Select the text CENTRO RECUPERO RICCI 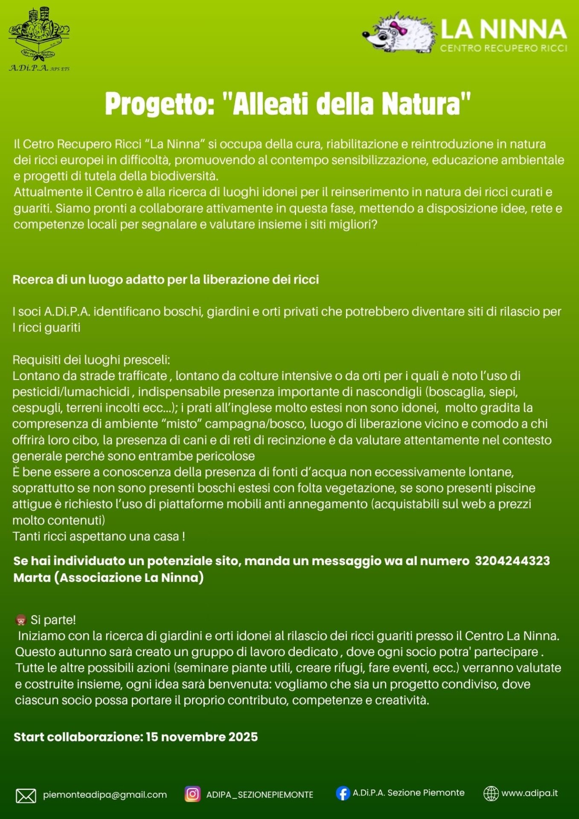coord(503,48)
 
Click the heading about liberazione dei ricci coord(166,280)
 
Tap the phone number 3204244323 coord(512,561)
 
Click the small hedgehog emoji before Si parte coord(20,620)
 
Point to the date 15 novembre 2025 coord(202,737)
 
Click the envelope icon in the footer coord(26,796)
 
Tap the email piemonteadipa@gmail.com coord(105,795)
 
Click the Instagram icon coord(192,794)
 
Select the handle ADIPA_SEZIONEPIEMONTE coord(259,795)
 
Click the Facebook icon coord(343,793)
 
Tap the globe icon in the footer coord(491,793)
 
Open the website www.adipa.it coord(530,793)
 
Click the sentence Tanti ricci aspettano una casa coord(99,536)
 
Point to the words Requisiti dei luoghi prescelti coord(91,360)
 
